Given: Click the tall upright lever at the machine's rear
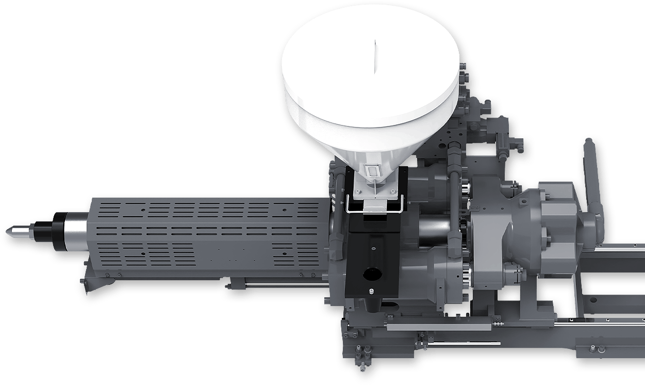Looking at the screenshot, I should [591, 170].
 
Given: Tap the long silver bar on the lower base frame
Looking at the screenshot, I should [438, 327].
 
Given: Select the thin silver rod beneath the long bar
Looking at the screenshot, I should [459, 342].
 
